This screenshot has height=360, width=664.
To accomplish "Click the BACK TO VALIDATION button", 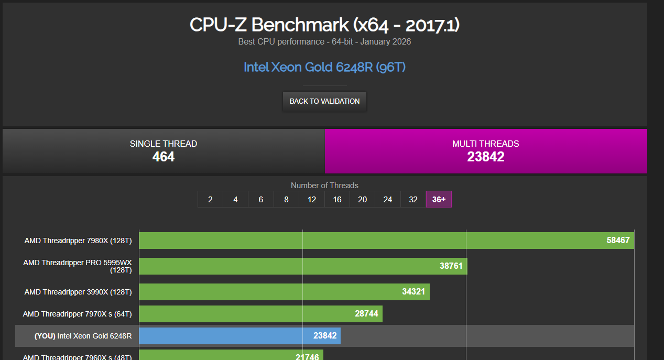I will tap(324, 101).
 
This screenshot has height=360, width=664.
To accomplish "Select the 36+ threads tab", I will tap(439, 199).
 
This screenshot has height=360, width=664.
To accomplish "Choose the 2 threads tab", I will tap(210, 199).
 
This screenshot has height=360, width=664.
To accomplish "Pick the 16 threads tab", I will tap(337, 199).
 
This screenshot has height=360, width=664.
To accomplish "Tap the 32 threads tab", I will tap(413, 199).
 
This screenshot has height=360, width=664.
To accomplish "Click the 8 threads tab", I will tap(286, 199).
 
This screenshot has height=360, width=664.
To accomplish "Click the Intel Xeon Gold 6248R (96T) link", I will tap(324, 67).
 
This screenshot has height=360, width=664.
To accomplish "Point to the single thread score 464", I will tap(164, 157).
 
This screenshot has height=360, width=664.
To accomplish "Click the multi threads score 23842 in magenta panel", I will tap(485, 157).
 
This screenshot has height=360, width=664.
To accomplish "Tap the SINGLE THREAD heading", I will tap(164, 144).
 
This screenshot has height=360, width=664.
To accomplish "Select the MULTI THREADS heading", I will tap(485, 144).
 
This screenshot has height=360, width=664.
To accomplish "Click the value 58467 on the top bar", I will tap(618, 240).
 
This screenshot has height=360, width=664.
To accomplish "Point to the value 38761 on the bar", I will tap(451, 266).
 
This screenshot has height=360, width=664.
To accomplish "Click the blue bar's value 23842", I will tap(325, 335).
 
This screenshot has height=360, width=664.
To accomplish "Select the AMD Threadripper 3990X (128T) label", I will tap(78, 292).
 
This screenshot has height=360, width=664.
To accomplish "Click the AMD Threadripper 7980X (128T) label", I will tap(78, 241).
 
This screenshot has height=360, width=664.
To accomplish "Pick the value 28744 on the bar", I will tap(366, 313).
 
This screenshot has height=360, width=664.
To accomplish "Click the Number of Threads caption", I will tap(324, 186).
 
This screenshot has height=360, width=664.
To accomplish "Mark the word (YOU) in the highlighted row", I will tap(45, 336).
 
